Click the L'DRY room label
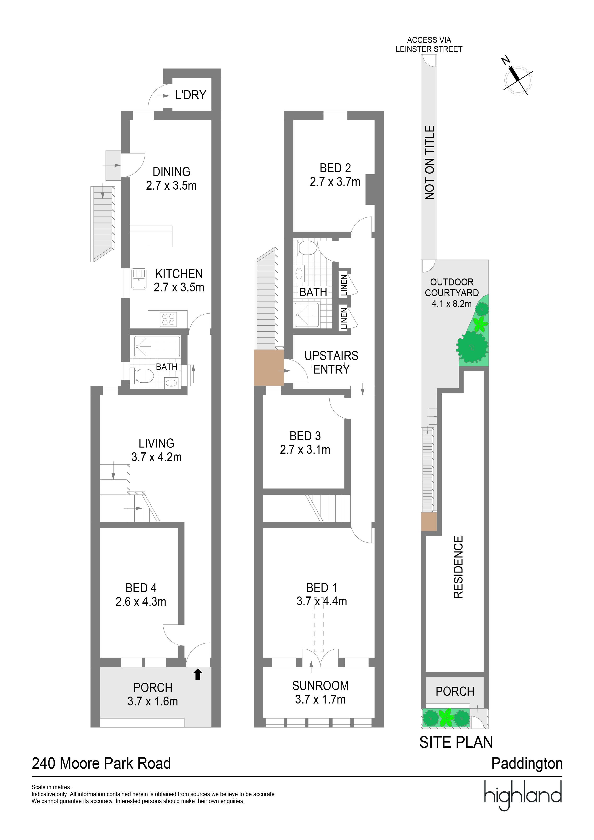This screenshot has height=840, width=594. (190, 95)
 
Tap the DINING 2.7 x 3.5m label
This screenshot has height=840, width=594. (171, 179)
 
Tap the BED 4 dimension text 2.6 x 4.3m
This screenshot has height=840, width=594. (141, 602)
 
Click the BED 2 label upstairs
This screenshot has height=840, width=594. (335, 168)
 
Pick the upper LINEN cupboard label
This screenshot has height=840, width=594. (344, 285)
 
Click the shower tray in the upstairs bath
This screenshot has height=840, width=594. (307, 314)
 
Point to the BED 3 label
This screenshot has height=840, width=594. (305, 436)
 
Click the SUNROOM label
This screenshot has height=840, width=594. (320, 686)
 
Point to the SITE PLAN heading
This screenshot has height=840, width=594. (456, 742)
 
